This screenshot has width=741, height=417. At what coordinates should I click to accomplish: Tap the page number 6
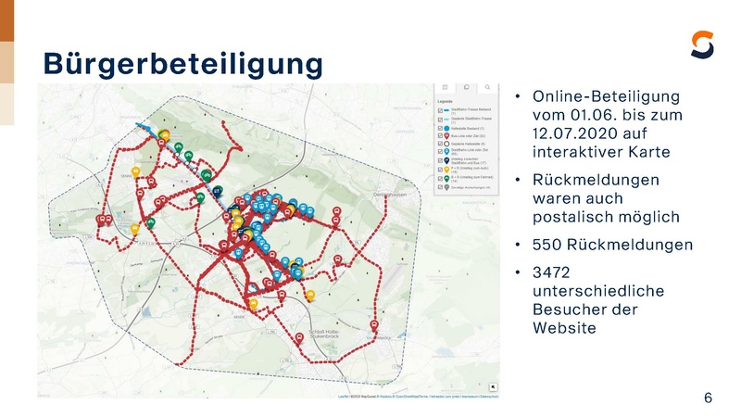tap(708, 398)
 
